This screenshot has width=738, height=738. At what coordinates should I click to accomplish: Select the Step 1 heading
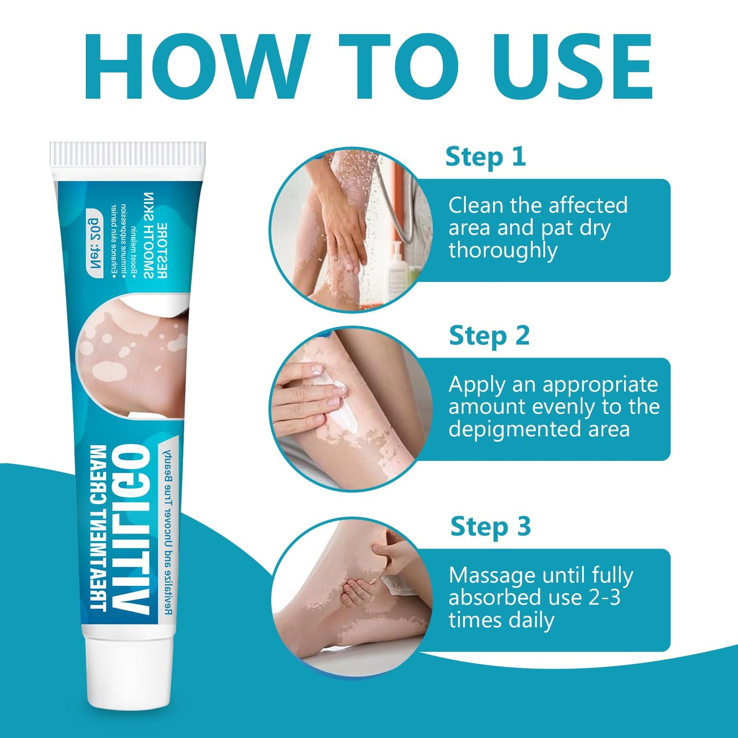click(x=485, y=157)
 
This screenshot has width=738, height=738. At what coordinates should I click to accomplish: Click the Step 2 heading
click(x=489, y=336)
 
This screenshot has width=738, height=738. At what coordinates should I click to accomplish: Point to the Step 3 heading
click(x=490, y=527)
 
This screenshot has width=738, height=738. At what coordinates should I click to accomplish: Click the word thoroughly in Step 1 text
click(x=503, y=251)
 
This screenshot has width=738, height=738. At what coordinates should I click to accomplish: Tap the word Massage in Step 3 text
click(x=491, y=576)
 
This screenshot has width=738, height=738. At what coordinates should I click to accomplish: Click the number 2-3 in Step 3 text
click(x=604, y=598)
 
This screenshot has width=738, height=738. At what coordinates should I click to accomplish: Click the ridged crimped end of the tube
click(x=128, y=154)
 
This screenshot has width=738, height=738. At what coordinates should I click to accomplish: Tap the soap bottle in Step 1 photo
click(x=397, y=271)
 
